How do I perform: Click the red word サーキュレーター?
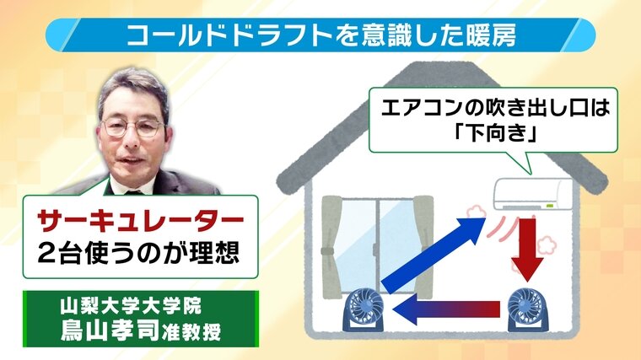tap(140, 221)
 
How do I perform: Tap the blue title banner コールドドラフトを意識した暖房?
tap(320, 35)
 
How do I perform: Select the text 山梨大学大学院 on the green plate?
tap(131, 306)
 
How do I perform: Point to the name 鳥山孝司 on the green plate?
tap(110, 330)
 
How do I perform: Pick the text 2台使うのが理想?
tap(137, 254)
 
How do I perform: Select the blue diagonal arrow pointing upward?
tap(434, 255)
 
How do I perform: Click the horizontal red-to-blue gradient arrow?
tap(446, 308)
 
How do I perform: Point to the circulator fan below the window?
tap(363, 309)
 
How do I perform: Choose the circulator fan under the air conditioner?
tap(527, 309)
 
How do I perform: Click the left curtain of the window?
tap(332, 246)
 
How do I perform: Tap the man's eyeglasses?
tap(133, 127)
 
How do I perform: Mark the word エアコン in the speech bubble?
tap(413, 108)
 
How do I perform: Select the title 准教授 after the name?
tap(191, 332)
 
